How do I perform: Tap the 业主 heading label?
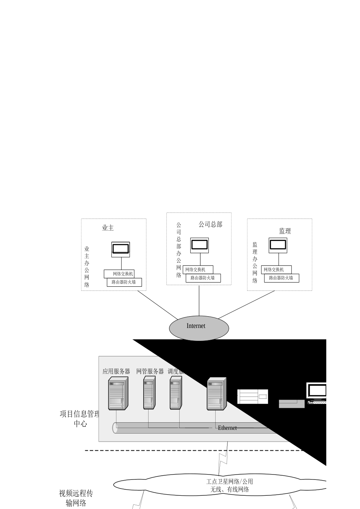(x=108, y=228)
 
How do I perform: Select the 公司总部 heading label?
(x=210, y=224)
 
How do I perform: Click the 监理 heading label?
(x=285, y=231)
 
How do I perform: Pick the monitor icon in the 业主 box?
(x=121, y=249)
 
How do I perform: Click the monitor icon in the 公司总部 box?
(x=199, y=245)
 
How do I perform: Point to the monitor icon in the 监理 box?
(x=278, y=245)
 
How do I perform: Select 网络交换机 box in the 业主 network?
(x=119, y=274)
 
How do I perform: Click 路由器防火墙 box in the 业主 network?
(x=124, y=282)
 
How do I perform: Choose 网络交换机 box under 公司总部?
(x=198, y=270)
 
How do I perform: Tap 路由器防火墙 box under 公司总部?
(x=203, y=278)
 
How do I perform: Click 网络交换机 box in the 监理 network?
(x=276, y=270)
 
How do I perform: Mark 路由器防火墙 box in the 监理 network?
(x=282, y=278)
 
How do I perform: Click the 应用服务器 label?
(x=116, y=371)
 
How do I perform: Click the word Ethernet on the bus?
(x=227, y=428)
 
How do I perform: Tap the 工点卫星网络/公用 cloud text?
(x=230, y=482)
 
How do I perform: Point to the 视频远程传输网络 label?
(x=76, y=498)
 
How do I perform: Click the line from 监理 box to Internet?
(x=246, y=305)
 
